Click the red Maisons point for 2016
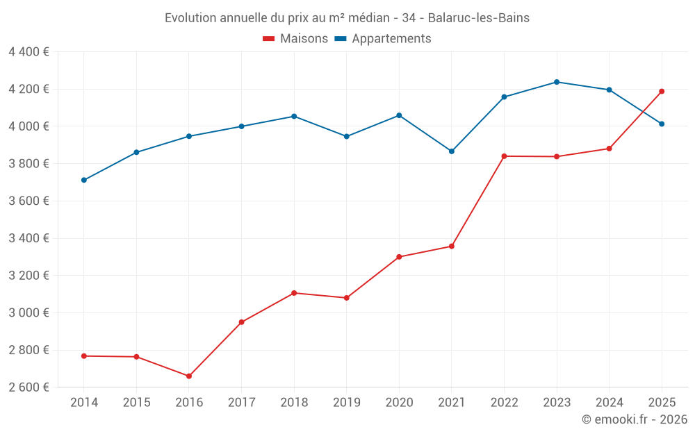click(x=189, y=376)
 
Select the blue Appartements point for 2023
click(x=557, y=82)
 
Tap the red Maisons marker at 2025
click(x=662, y=91)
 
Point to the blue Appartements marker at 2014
click(x=84, y=180)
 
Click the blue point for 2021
click(x=452, y=151)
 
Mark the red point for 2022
click(x=504, y=156)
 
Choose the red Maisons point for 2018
click(x=294, y=293)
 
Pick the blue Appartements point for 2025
click(x=662, y=124)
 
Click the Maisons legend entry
click(x=295, y=39)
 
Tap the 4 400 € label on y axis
click(x=28, y=51)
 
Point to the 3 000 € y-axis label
click(x=28, y=312)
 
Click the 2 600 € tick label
click(x=28, y=387)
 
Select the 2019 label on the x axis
click(x=346, y=402)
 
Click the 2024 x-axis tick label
click(x=609, y=402)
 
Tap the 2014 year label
click(x=84, y=402)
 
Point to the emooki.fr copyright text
click(x=635, y=419)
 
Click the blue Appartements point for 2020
click(x=399, y=115)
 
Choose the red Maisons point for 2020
click(x=399, y=257)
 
